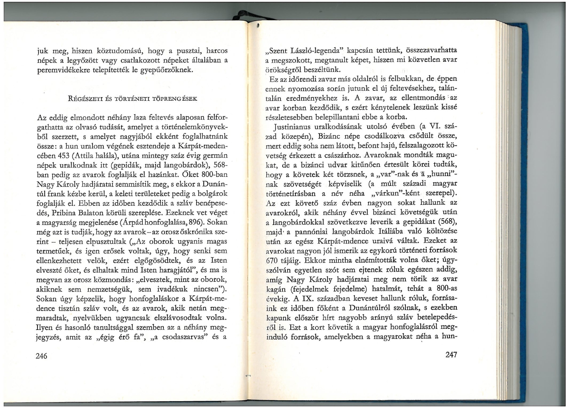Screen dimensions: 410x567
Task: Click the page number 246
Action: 42,356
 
